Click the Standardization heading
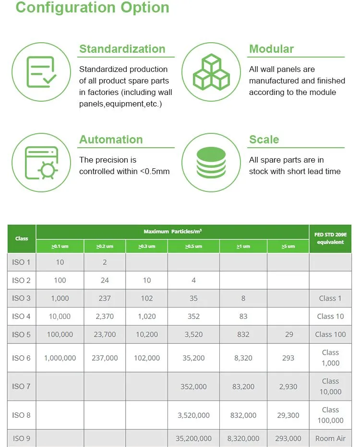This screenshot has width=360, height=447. tap(122, 49)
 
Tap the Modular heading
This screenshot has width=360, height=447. tap(271, 49)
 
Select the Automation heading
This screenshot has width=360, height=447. tap(111, 140)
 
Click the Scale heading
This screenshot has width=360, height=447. tap(264, 140)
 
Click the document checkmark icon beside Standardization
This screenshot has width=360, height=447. tap(41, 72)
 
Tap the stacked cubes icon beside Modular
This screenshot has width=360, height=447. tap(211, 72)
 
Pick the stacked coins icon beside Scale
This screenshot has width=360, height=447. tap(211, 163)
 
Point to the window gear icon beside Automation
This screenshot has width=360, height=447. tap(41, 163)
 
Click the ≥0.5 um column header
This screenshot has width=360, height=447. tap(193, 246)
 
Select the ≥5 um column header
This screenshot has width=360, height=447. tap(288, 246)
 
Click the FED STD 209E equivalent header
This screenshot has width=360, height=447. tap(330, 238)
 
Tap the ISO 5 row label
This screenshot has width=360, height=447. tap(22, 334)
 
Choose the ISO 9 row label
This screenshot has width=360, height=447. tap(22, 438)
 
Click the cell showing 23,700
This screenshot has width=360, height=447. tap(105, 334)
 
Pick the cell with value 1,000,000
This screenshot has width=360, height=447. tap(60, 358)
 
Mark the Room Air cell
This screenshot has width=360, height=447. tap(330, 438)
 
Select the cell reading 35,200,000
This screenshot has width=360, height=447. tap(193, 438)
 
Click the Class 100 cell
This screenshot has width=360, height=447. tap(330, 334)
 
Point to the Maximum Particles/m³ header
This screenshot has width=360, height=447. tap(172, 232)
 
